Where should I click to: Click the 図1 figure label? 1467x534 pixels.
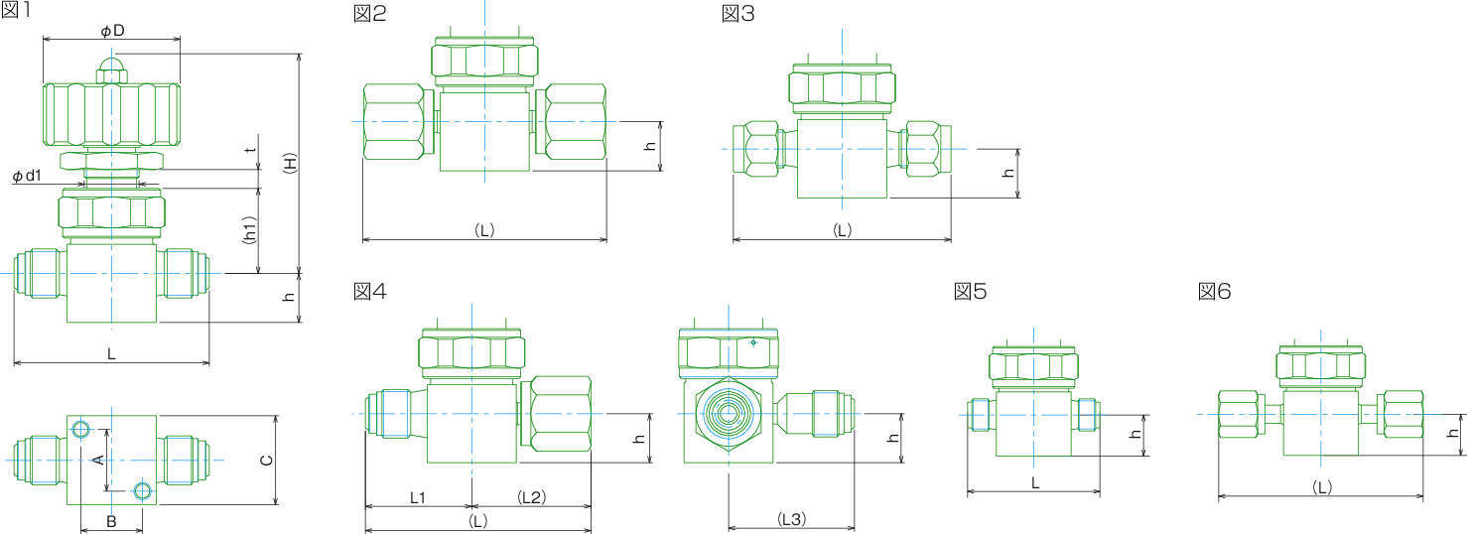16,11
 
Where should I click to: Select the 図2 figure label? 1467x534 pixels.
370,13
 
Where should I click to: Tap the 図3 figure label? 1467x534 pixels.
738,13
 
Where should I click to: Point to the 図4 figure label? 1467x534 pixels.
370,291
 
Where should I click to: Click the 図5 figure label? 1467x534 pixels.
970,291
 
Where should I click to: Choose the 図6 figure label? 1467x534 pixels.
1214,291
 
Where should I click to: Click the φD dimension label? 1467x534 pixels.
112,31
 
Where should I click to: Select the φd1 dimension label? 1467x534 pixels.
27,176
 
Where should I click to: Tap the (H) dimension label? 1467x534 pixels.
290,163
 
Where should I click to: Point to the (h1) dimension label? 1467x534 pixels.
249,230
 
